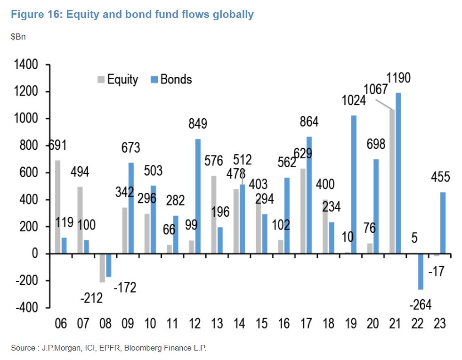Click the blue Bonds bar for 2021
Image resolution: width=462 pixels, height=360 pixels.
point(398,173)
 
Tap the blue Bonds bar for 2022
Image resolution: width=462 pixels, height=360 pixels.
point(421,271)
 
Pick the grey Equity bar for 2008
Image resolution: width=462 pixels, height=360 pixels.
point(103,268)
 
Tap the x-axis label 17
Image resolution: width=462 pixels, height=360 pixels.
point(307,324)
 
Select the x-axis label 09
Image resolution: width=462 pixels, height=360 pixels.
point(128,324)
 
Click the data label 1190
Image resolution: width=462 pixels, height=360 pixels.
point(398,77)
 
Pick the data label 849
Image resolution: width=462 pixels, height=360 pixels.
point(198,124)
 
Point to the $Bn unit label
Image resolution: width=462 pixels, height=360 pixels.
point(18,36)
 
